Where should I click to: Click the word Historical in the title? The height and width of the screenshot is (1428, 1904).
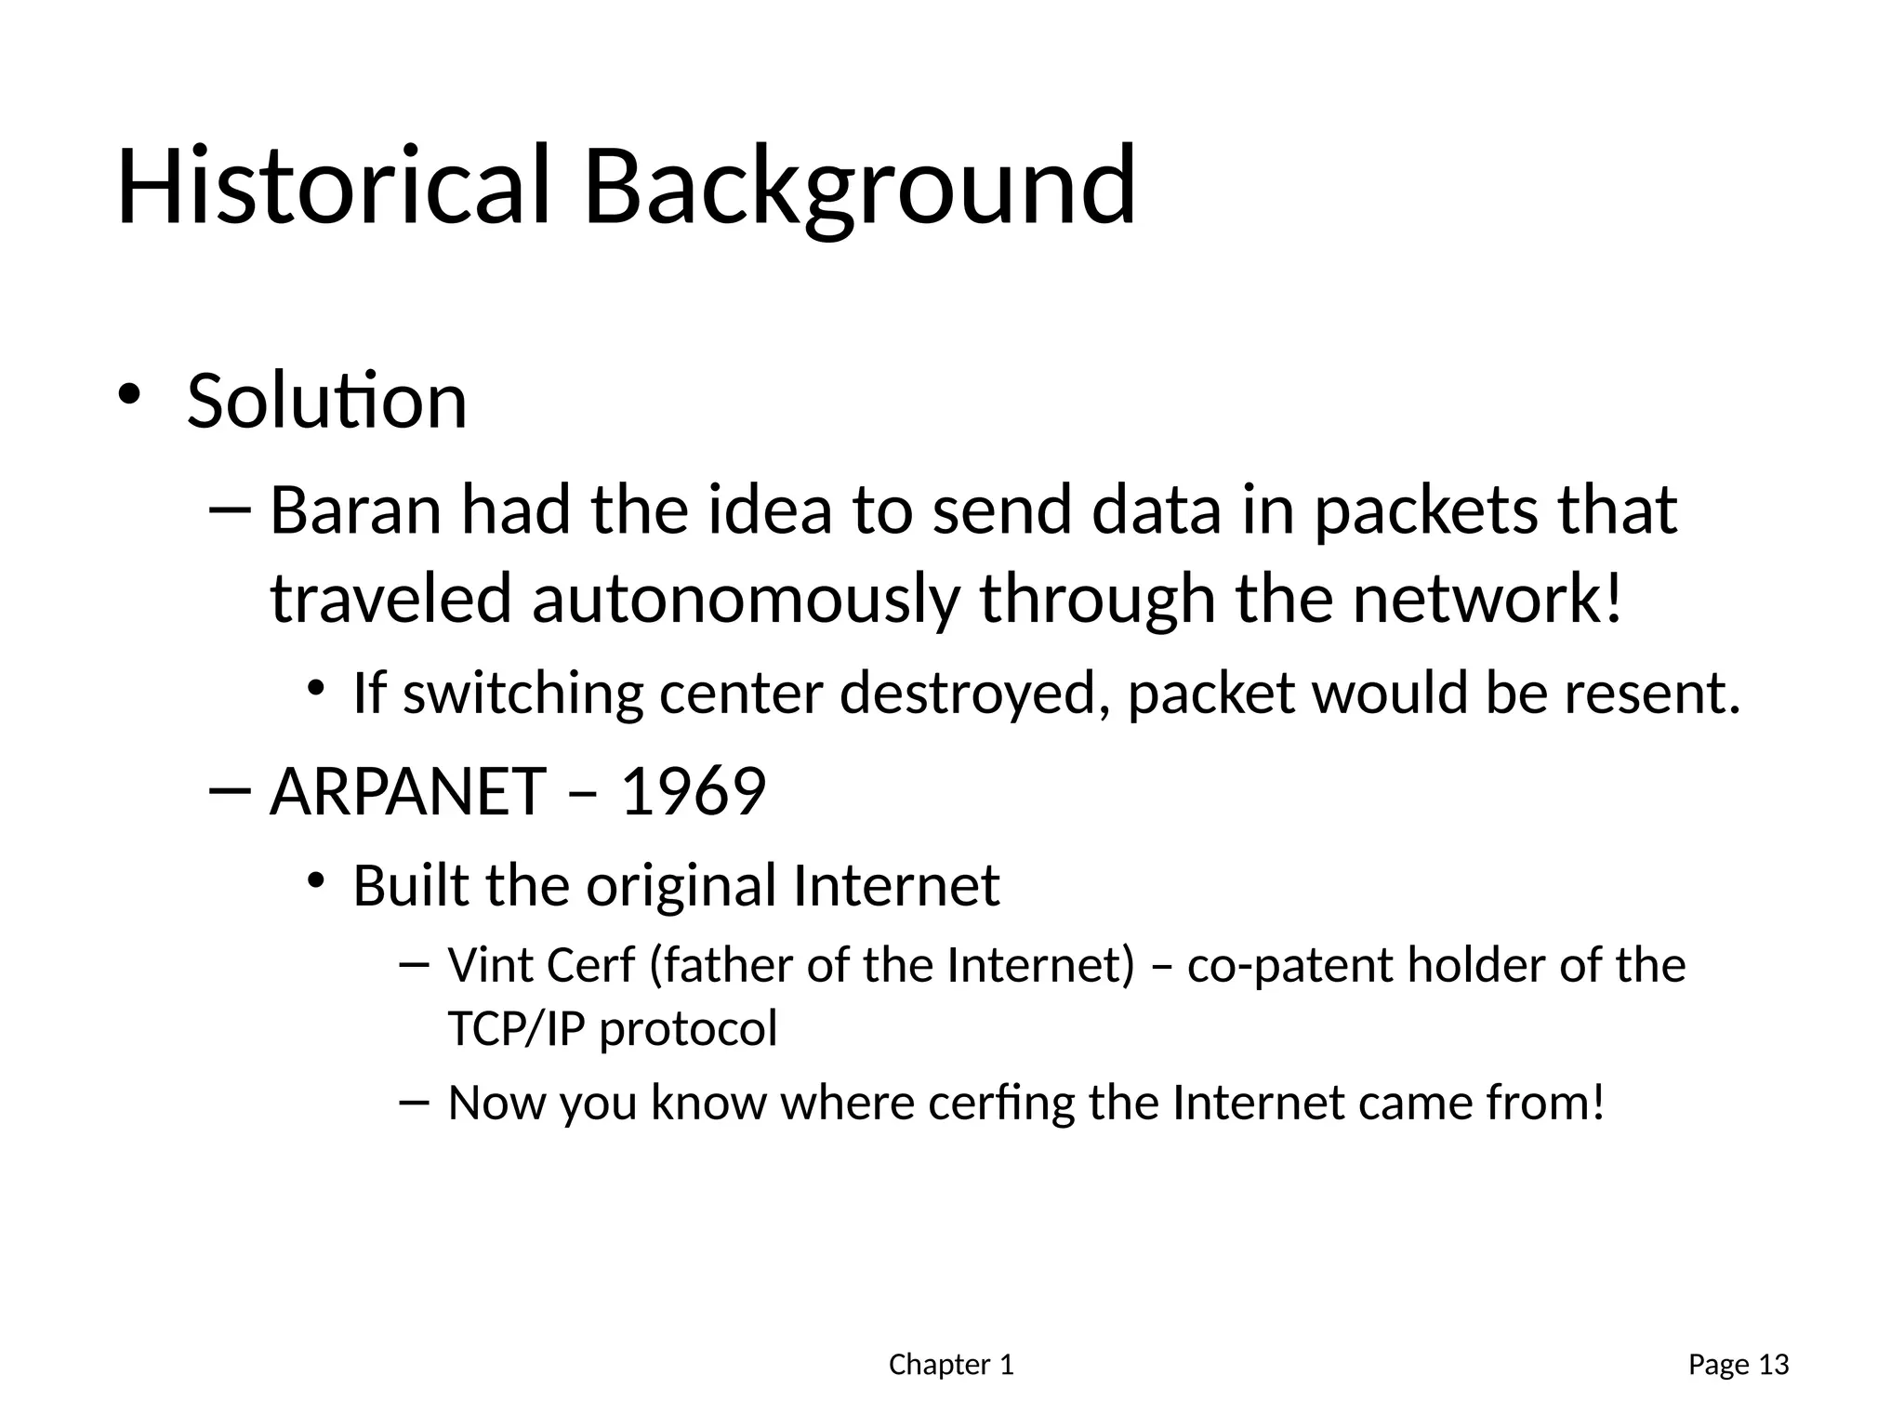coord(333,186)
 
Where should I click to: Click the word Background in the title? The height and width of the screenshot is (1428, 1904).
coord(859,186)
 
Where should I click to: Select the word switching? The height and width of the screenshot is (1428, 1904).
coord(522,694)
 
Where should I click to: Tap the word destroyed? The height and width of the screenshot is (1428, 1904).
coord(974,694)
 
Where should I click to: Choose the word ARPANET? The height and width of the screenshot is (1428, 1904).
coord(407,792)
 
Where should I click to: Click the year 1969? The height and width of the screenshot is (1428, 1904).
coord(693,792)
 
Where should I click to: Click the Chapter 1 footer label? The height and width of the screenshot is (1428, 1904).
coord(951,1365)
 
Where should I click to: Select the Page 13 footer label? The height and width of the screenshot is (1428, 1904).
coord(1738,1365)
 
